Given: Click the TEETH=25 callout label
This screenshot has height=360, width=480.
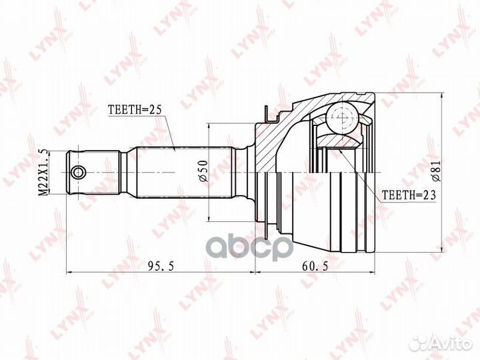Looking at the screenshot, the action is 135,110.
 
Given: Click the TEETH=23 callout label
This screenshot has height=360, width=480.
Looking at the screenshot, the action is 409,195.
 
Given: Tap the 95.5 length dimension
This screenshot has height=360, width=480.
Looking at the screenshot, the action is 161,266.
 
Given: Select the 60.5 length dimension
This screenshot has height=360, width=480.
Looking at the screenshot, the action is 315,266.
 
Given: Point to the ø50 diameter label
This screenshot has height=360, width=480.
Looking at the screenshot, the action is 204,171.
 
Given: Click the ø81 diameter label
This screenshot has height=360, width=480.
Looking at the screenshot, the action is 436,172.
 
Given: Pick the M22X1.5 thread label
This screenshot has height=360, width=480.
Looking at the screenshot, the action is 43,172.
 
